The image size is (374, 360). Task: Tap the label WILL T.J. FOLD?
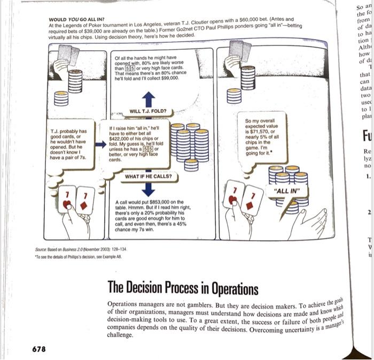click(x=148, y=111)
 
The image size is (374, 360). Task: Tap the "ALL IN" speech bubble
click(x=289, y=190)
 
